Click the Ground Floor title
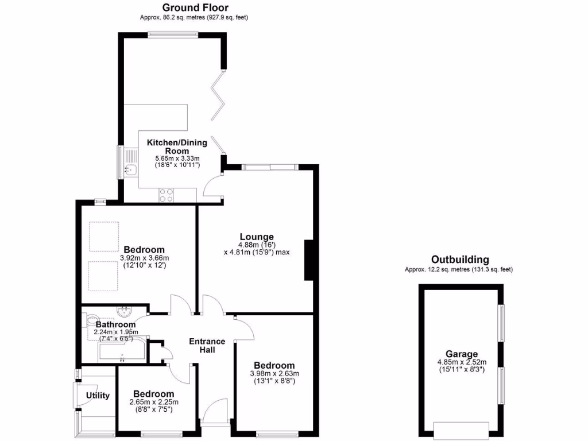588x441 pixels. [195, 7]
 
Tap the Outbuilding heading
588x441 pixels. [460, 260]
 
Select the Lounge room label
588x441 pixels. [257, 237]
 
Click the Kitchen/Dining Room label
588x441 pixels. [168, 146]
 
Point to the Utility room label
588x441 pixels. [98, 396]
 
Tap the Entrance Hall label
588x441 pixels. [207, 345]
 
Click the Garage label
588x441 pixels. [461, 354]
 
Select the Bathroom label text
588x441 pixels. [115, 324]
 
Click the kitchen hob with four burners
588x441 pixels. [167, 195]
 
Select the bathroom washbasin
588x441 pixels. [125, 312]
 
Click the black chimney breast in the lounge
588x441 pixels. [309, 260]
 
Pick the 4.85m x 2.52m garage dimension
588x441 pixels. [461, 362]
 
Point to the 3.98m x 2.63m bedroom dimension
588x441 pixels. [274, 374]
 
